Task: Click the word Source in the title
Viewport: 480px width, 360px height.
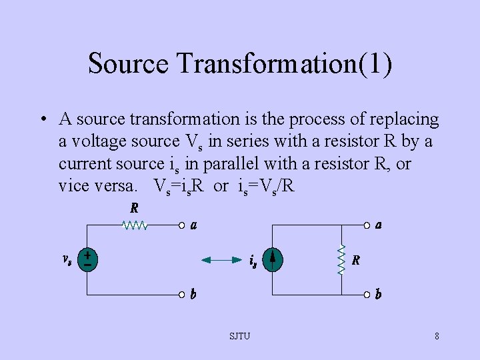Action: pyautogui.click(x=128, y=64)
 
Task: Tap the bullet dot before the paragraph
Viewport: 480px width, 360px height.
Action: pyautogui.click(x=41, y=120)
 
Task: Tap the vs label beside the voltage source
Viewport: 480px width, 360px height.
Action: pyautogui.click(x=67, y=260)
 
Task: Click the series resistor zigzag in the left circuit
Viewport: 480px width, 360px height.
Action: pyautogui.click(x=135, y=225)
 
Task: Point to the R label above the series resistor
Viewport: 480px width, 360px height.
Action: pyautogui.click(x=134, y=208)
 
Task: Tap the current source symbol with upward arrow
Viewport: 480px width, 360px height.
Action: pyautogui.click(x=273, y=259)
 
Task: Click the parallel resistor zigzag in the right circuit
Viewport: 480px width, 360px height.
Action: pyautogui.click(x=342, y=259)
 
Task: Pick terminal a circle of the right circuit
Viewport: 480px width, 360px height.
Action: pyautogui.click(x=366, y=225)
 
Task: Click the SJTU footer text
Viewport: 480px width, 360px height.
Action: pyautogui.click(x=240, y=336)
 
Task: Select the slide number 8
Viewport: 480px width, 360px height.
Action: pyautogui.click(x=437, y=336)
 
